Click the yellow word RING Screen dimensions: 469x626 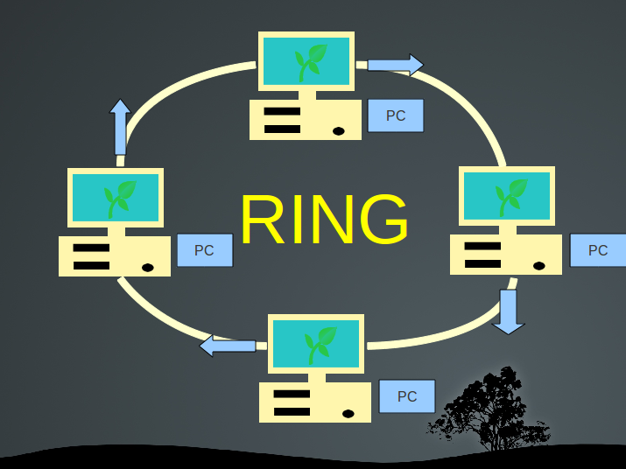tap(324, 220)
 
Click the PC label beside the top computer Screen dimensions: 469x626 tap(396, 115)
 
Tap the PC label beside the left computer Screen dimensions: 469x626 tap(204, 250)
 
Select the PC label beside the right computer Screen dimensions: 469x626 tap(597, 250)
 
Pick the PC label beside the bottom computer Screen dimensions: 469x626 tap(407, 395)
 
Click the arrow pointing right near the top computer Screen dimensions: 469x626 tap(395, 65)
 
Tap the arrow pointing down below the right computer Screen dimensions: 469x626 tap(508, 311)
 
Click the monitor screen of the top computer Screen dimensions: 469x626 tap(306, 61)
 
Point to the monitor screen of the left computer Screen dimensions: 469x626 tap(116, 197)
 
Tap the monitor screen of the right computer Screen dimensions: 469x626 tap(507, 195)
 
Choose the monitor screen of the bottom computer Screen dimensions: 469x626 tap(316, 343)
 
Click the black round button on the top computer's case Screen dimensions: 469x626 tap(339, 131)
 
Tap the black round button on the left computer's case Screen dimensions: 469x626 tap(148, 267)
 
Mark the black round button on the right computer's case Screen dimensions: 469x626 tap(539, 265)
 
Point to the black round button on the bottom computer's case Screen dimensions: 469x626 tap(348, 413)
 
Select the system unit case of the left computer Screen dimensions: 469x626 tap(115, 255)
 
